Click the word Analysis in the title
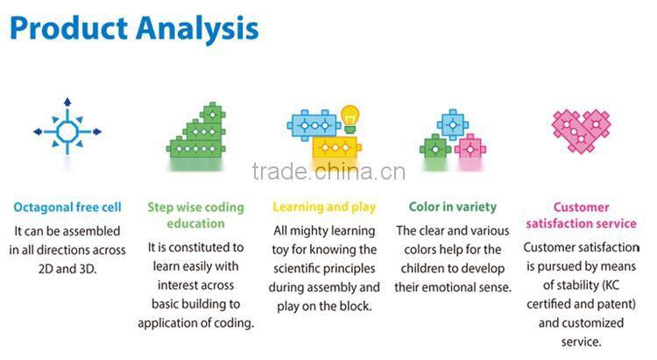pyautogui.click(x=194, y=28)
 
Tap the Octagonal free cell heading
pyautogui.click(x=67, y=208)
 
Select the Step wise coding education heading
pyautogui.click(x=195, y=215)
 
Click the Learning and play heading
pyautogui.click(x=324, y=208)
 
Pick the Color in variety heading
pyautogui.click(x=453, y=208)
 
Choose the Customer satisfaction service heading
pyautogui.click(x=581, y=215)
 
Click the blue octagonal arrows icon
pyautogui.click(x=67, y=131)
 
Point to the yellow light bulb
pyautogui.click(x=350, y=117)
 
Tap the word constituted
pyautogui.click(x=197, y=247)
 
